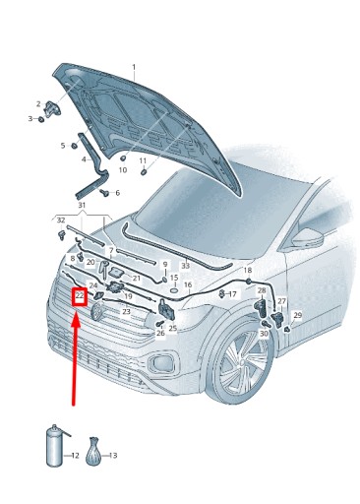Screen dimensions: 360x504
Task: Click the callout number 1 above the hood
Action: pos(134,67)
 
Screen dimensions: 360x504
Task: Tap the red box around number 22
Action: pos(80,297)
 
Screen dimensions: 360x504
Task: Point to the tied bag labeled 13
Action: pos(92,451)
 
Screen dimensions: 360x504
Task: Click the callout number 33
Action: pos(186,266)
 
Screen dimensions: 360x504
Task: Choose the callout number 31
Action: pos(82,206)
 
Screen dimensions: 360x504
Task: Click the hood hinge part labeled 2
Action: pos(52,108)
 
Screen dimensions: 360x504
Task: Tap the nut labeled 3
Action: pos(41,119)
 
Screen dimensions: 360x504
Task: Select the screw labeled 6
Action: pos(105,192)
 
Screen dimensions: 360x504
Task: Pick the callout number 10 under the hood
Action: pos(123,170)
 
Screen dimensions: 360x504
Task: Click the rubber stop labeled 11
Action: pos(144,172)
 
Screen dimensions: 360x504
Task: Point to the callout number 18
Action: pos(248,270)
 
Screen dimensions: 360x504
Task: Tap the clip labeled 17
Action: pos(222,293)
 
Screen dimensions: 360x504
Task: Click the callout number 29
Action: pos(297,315)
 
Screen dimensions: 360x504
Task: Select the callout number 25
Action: pos(173,328)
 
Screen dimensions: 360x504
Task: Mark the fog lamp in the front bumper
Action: pos(161,362)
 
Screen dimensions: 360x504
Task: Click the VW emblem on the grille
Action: pos(97,311)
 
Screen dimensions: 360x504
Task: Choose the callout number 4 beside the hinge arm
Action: pos(85,159)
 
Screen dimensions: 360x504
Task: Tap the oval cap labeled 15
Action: pos(174,290)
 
